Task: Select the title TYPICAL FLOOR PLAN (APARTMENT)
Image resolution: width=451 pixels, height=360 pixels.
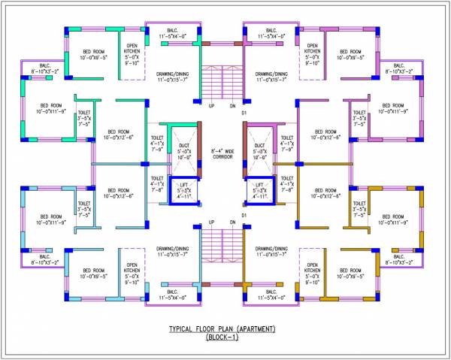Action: pos(222,330)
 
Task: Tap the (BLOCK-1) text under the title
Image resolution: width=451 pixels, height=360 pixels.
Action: pos(222,339)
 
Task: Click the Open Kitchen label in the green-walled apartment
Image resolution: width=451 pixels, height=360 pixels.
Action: pos(132,55)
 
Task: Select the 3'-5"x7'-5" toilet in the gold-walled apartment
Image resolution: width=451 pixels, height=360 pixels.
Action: pos(359,206)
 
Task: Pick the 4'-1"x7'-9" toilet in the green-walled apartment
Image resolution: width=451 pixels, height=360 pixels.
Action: pos(157,143)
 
